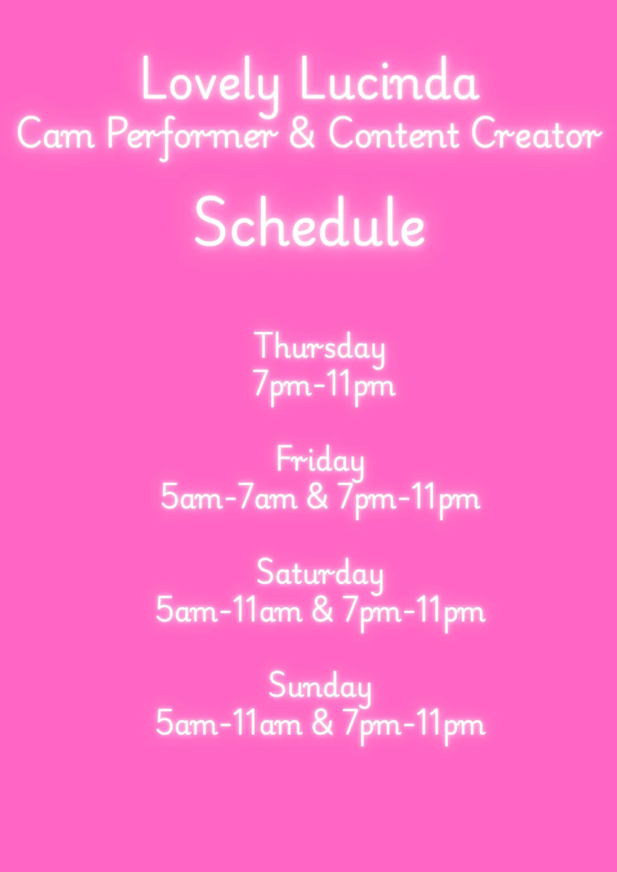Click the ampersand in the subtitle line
pos(302,134)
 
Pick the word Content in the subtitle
pos(393,135)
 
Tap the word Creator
pos(536,135)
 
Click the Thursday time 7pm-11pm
pos(324,386)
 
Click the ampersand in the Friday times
pos(317,498)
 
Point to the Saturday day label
pos(320,576)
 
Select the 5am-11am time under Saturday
pos(229,612)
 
